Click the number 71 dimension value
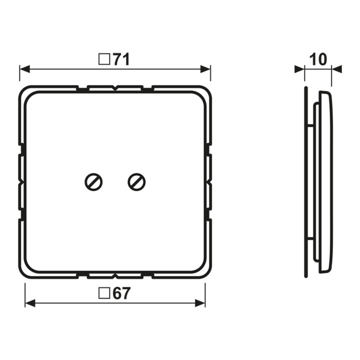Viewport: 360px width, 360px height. point(121,59)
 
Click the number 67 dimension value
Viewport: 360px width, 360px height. point(121,293)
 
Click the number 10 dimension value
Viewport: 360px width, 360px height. point(318,59)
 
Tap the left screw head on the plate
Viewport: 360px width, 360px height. point(93,182)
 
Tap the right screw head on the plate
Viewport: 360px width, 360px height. point(136,182)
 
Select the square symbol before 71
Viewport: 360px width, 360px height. point(104,59)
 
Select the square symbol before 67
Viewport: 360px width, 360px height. point(104,293)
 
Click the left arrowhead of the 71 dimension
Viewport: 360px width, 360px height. point(24,69)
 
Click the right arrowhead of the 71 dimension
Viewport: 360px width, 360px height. point(205,69)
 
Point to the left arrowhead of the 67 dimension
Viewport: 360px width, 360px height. point(30,303)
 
